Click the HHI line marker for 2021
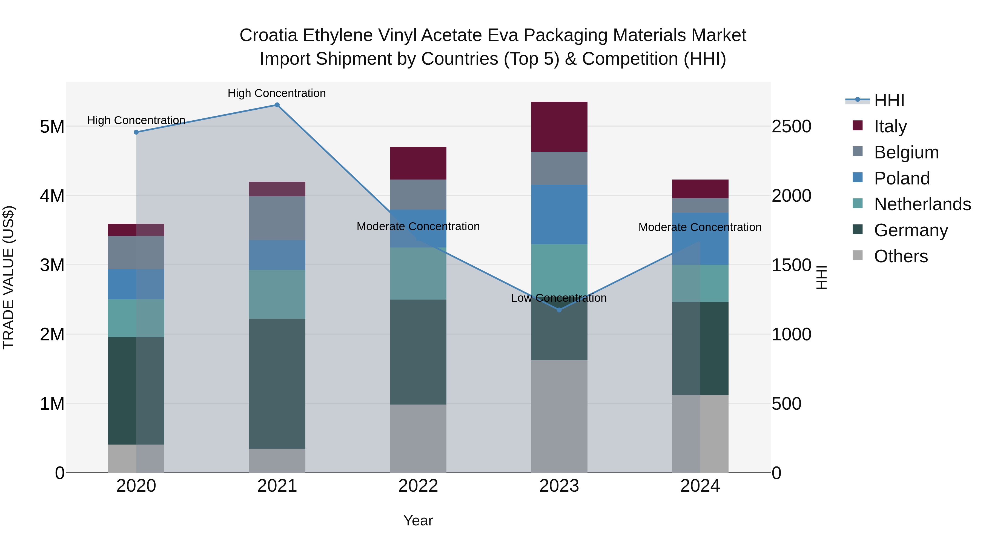tap(277, 105)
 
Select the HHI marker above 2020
tap(136, 132)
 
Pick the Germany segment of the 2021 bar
tap(277, 383)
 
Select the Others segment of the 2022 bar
tap(418, 438)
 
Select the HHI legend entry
tap(889, 100)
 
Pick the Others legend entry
tap(900, 256)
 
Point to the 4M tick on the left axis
tap(52, 196)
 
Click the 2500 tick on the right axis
tap(791, 126)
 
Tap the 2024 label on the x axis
tap(700, 486)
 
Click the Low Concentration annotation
tap(558, 298)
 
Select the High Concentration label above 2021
tap(276, 93)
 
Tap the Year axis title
tap(418, 520)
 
